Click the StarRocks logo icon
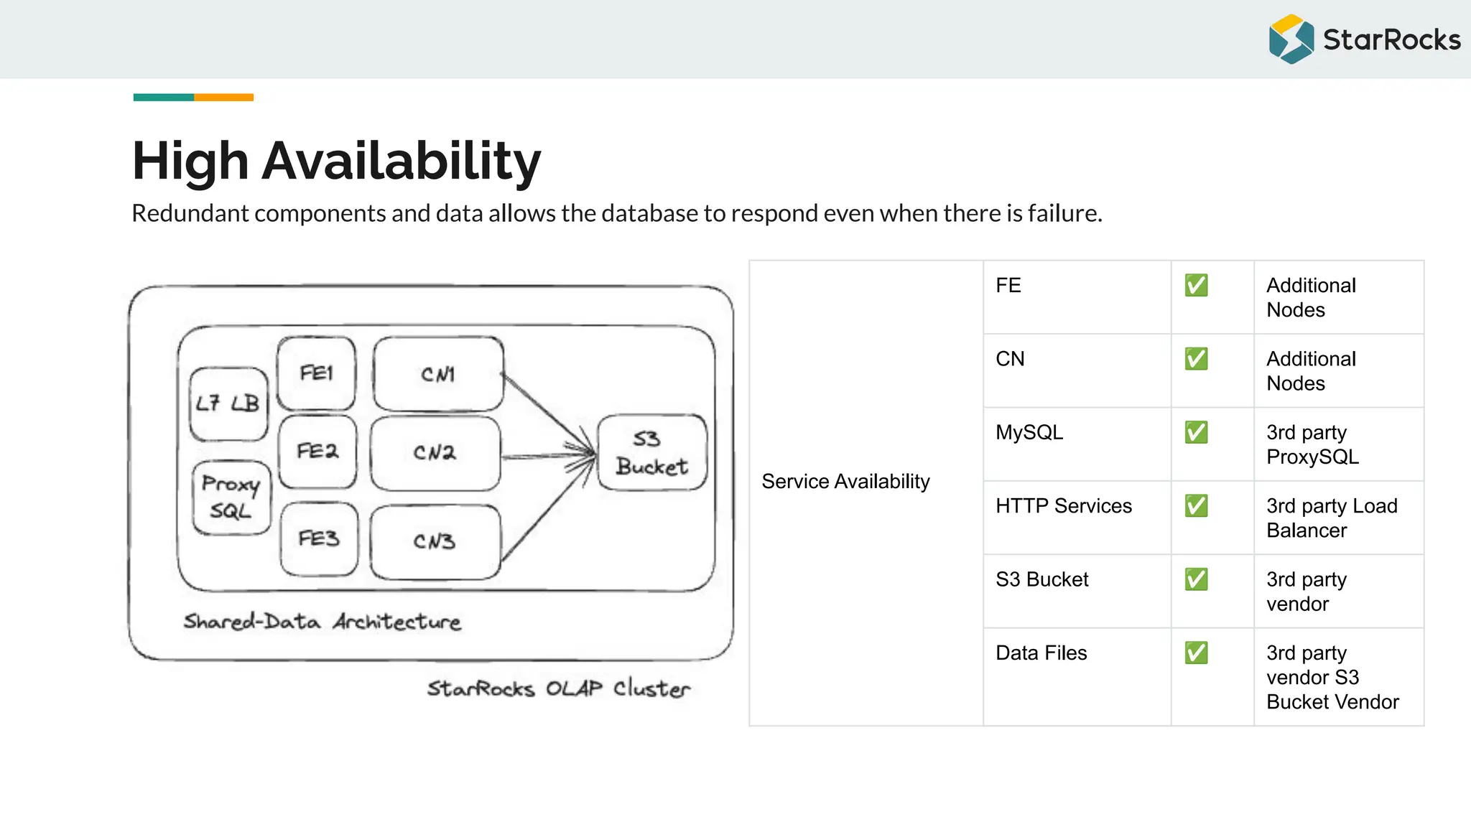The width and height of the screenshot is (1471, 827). pyautogui.click(x=1291, y=39)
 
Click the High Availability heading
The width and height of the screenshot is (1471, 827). pyautogui.click(x=336, y=161)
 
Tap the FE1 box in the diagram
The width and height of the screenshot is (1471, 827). pyautogui.click(x=317, y=373)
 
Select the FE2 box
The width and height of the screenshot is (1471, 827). pyautogui.click(x=317, y=452)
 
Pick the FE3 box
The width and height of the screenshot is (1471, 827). pyautogui.click(x=319, y=539)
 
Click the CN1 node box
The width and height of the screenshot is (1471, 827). pyautogui.click(x=438, y=374)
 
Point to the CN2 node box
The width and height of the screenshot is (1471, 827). pyautogui.click(x=435, y=453)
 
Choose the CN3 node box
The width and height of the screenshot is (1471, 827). pyautogui.click(x=435, y=541)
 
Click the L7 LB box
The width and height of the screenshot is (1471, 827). pyautogui.click(x=228, y=404)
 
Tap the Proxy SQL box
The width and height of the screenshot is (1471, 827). pyautogui.click(x=231, y=497)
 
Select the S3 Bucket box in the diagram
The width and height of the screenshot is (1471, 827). pyautogui.click(x=651, y=453)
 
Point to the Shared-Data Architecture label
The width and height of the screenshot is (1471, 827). pyautogui.click(x=322, y=622)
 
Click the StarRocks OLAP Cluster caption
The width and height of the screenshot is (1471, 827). pyautogui.click(x=558, y=688)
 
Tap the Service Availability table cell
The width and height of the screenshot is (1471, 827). pyautogui.click(x=845, y=482)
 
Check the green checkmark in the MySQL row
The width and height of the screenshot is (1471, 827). pyautogui.click(x=1196, y=432)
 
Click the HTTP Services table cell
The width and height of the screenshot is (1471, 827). pyautogui.click(x=1063, y=506)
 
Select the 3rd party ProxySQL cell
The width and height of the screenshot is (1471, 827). pyautogui.click(x=1312, y=444)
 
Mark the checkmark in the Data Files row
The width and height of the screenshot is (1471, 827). pyautogui.click(x=1196, y=653)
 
